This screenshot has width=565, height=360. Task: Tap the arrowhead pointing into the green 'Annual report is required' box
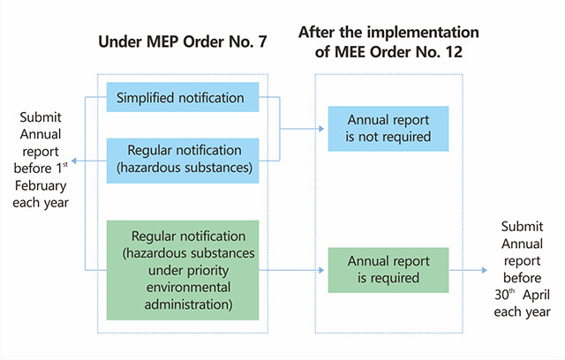point(322,269)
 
